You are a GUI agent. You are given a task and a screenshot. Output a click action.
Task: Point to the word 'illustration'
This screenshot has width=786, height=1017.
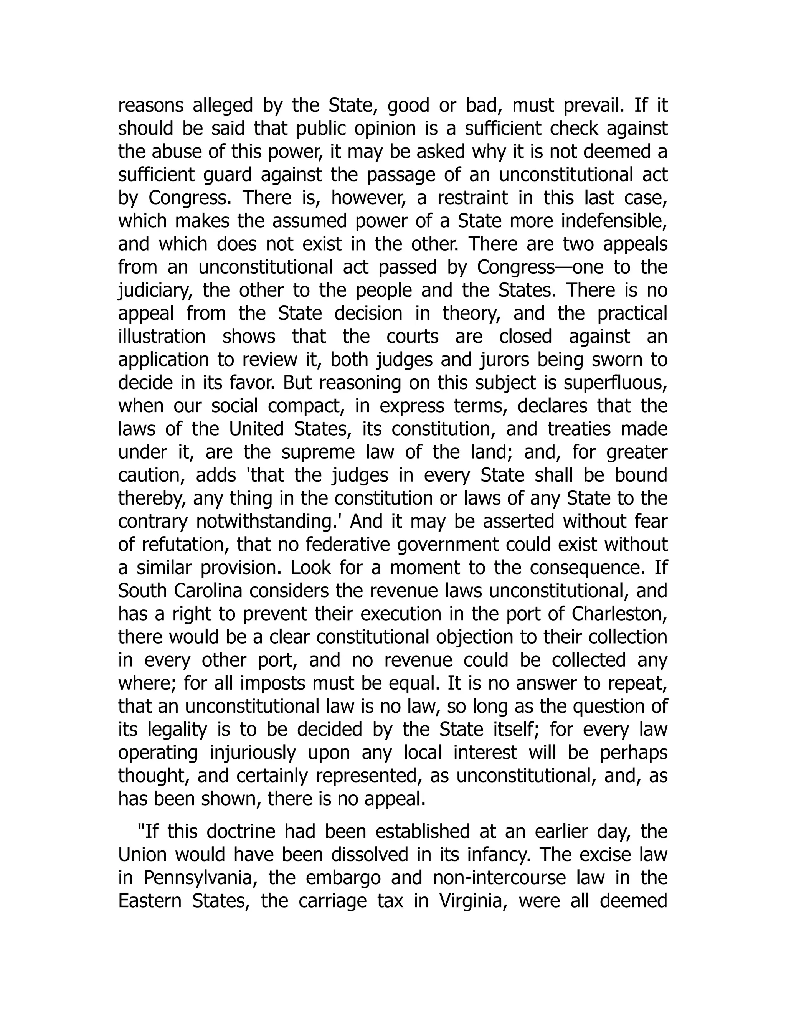pos(162,337)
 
